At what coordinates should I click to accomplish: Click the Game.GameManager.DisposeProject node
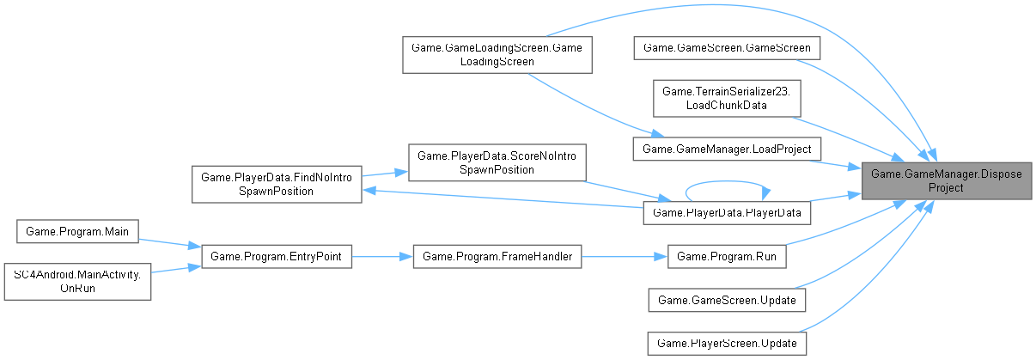tap(947, 180)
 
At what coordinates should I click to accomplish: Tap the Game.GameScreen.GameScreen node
tap(726, 48)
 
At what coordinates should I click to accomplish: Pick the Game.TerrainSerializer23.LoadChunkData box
tap(722, 97)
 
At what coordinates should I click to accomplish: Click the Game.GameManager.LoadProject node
tap(726, 149)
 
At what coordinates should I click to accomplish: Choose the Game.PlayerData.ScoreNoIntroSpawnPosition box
tap(497, 162)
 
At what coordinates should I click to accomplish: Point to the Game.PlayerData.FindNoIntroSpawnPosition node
tap(276, 184)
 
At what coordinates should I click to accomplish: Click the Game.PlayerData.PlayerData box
tap(726, 211)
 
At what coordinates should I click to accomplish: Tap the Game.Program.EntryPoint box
tap(276, 256)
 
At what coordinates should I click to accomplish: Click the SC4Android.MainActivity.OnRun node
tap(77, 282)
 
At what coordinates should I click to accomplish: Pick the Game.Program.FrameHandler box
tap(497, 256)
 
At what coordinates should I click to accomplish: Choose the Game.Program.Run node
tap(726, 256)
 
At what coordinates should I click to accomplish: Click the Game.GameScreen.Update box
tap(726, 300)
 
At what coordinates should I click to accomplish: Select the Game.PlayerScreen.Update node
tap(726, 343)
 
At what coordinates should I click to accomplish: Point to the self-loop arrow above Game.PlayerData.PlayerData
tap(726, 182)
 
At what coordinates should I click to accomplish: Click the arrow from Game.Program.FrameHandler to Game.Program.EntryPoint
tap(382, 256)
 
